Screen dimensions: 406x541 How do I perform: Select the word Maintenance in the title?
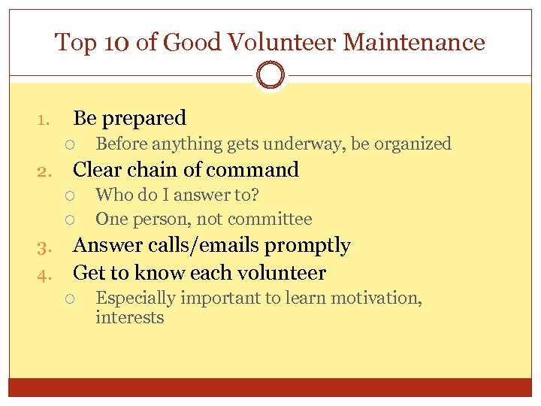coord(413,42)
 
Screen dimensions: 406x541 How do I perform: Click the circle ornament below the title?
coord(270,75)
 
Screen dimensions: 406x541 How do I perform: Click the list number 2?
coord(43,171)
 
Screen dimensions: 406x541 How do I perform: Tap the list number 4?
coord(43,274)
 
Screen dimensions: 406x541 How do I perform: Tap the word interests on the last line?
coord(129,317)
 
